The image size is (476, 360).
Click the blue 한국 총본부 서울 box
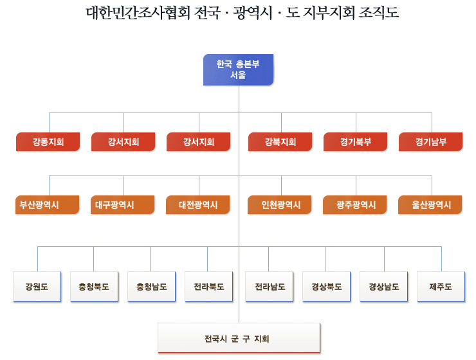pyautogui.click(x=238, y=70)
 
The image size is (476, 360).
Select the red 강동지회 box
pyautogui.click(x=48, y=141)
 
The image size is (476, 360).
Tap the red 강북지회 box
pyautogui.click(x=280, y=141)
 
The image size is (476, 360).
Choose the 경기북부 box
pyautogui.click(x=356, y=141)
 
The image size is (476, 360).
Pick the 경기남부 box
pyautogui.click(x=431, y=141)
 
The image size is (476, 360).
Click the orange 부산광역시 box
pyautogui.click(x=48, y=204)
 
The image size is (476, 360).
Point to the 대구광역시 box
pyautogui.click(x=123, y=204)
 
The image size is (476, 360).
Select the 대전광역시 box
pyautogui.click(x=198, y=204)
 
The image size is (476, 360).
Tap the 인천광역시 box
pyautogui.click(x=280, y=204)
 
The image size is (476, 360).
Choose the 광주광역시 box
pyautogui.click(x=355, y=204)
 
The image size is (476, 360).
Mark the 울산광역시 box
pyautogui.click(x=430, y=204)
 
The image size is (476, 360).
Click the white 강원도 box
pyautogui.click(x=37, y=286)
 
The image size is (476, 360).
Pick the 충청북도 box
pyautogui.click(x=94, y=286)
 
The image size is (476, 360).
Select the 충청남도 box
pyautogui.click(x=151, y=286)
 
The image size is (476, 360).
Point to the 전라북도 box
pyautogui.click(x=209, y=286)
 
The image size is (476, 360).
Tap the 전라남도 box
pyautogui.click(x=270, y=286)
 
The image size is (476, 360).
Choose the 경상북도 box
pyautogui.click(x=327, y=286)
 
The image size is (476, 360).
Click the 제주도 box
pyautogui.click(x=441, y=286)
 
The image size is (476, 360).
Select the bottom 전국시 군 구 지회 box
pyautogui.click(x=239, y=338)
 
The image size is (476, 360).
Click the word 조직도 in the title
pyautogui.click(x=379, y=13)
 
